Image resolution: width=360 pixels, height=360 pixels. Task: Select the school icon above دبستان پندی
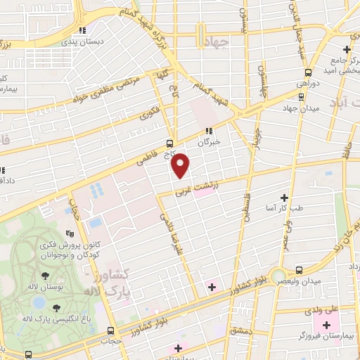click(83, 30)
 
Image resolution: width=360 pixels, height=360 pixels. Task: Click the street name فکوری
click(149, 113)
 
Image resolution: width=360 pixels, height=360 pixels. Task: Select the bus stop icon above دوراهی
click(308, 72)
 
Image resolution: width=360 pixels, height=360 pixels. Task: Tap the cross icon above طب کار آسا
click(284, 198)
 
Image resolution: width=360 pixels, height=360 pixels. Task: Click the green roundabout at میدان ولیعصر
click(280, 275)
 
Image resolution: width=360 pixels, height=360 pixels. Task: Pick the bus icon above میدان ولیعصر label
click(301, 269)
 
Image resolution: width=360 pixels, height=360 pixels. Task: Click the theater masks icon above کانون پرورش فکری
click(69, 233)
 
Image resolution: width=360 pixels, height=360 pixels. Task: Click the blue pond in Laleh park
click(39, 303)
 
